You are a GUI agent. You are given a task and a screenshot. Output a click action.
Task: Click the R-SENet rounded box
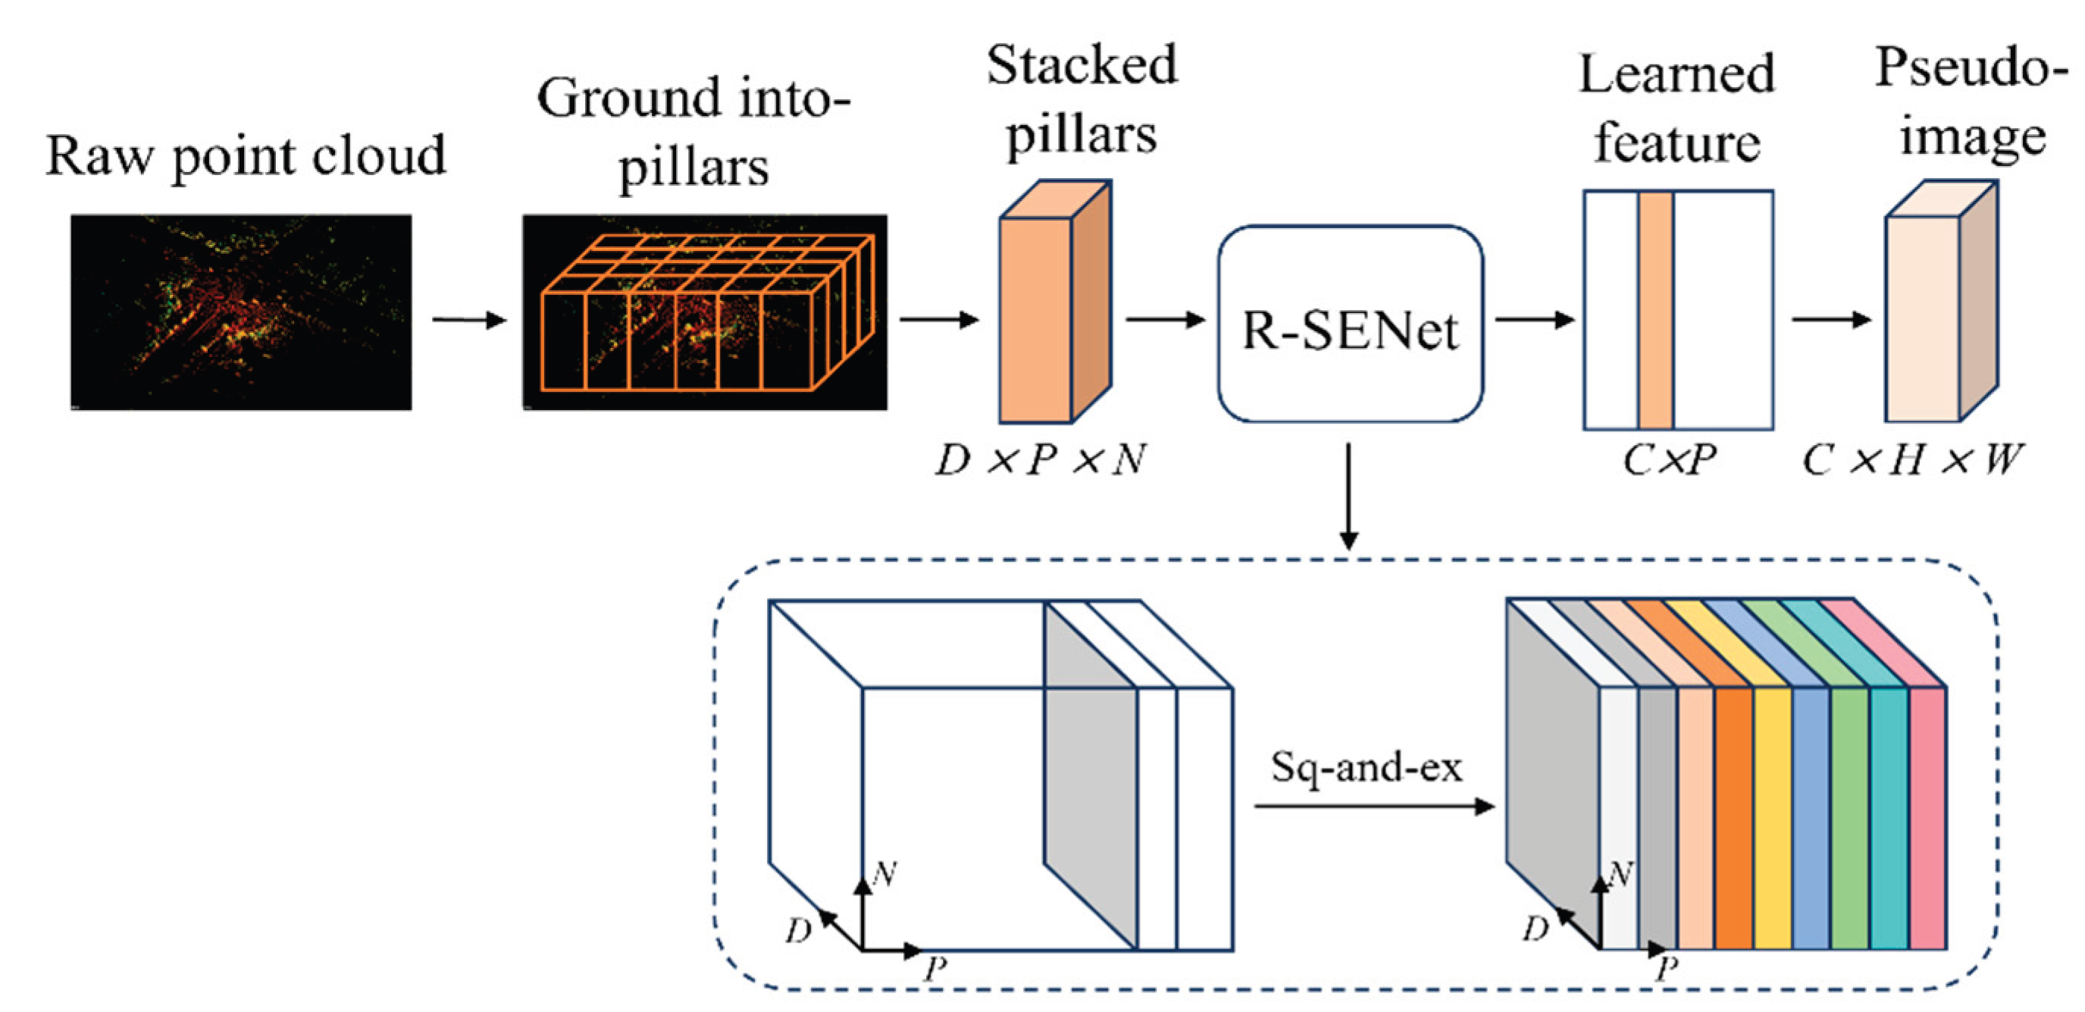(x=1349, y=324)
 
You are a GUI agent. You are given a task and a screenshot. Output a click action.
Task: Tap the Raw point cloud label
(x=246, y=155)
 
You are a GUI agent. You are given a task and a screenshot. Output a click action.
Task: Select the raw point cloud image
(x=240, y=312)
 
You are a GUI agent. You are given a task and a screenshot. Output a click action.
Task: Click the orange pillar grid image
(x=704, y=312)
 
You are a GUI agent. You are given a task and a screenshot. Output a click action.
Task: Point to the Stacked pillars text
(x=1082, y=99)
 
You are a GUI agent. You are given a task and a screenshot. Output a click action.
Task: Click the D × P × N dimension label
(x=1040, y=460)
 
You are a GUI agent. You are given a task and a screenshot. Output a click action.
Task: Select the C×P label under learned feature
(x=1669, y=460)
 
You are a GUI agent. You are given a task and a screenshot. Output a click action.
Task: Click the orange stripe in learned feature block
(x=1656, y=310)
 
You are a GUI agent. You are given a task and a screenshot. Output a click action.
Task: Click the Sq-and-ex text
(x=1367, y=766)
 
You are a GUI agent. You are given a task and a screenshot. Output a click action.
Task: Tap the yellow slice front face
(x=1773, y=818)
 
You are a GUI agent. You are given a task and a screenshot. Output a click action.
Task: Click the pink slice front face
(x=1928, y=818)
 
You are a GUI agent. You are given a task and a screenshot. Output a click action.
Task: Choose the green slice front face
(x=1849, y=818)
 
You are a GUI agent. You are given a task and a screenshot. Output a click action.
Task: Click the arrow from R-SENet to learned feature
(x=1534, y=320)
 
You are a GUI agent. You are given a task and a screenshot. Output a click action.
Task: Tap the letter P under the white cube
(x=936, y=968)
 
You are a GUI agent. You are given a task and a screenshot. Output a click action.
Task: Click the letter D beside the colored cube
(x=1535, y=929)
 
